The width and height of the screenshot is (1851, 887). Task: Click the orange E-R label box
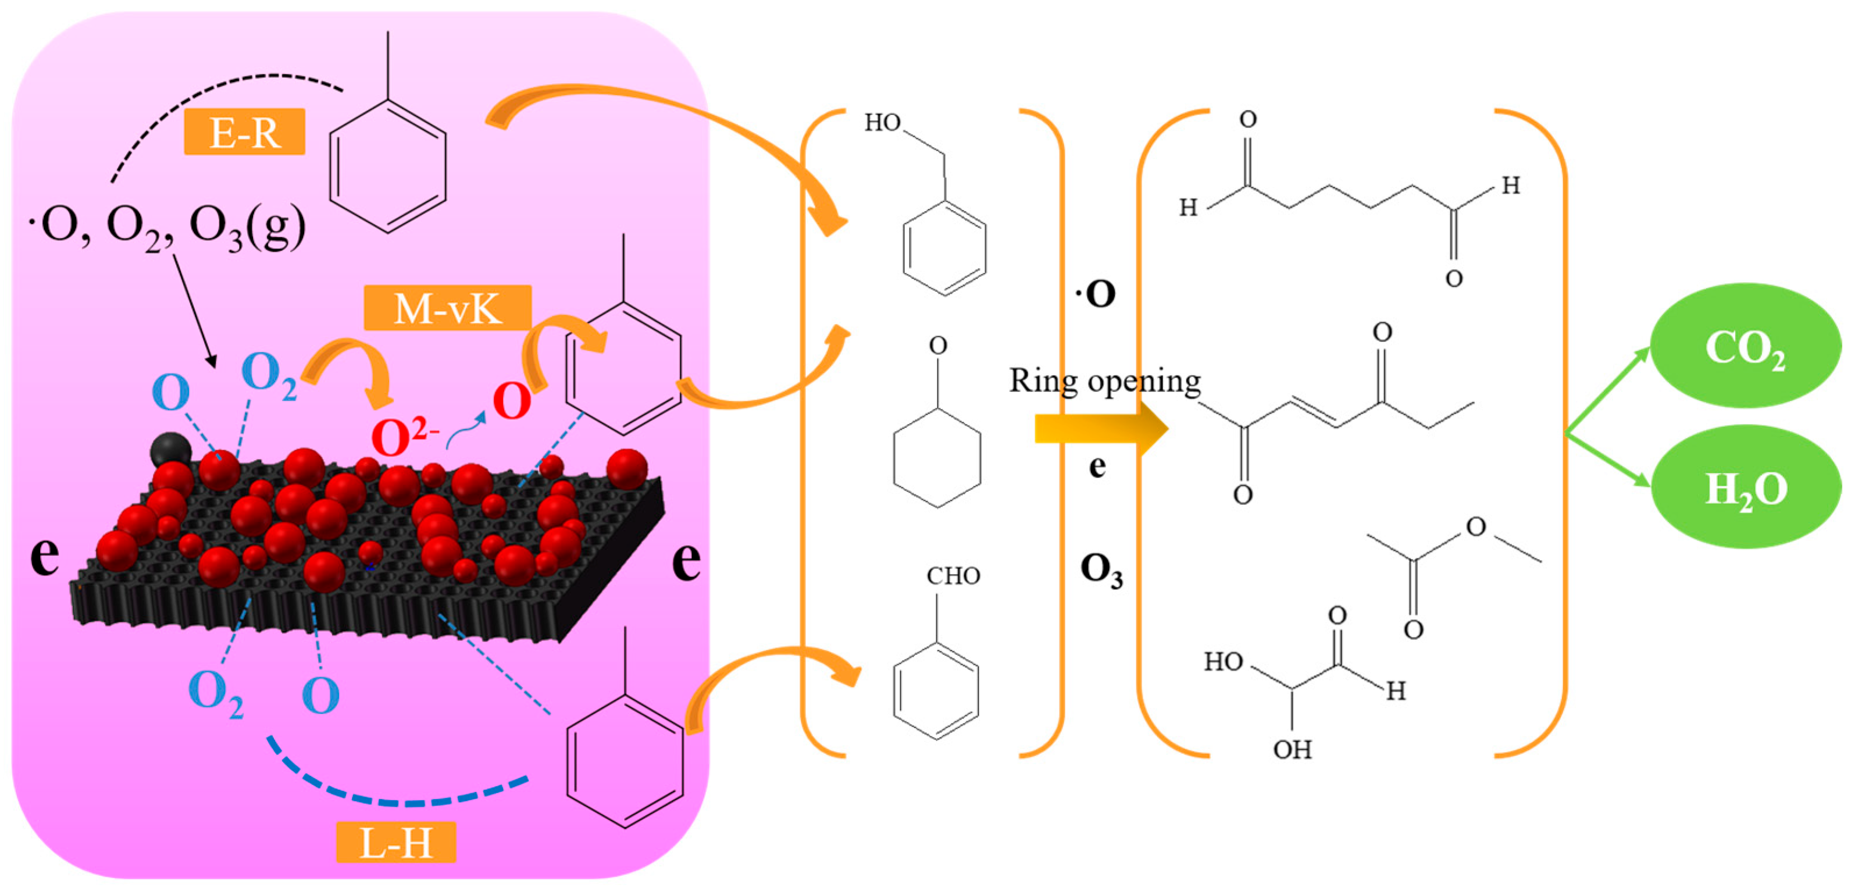point(244,132)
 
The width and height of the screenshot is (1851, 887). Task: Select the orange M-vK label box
point(447,308)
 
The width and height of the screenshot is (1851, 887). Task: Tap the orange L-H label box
point(396,842)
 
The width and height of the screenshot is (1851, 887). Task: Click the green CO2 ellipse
point(1745,347)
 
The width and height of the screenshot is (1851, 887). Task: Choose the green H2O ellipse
point(1745,488)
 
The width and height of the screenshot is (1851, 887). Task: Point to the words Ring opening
point(1104,380)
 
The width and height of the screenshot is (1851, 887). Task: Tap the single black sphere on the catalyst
point(170,450)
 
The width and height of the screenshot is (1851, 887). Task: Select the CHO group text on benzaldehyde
point(953,576)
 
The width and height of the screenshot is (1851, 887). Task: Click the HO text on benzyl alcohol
point(882,123)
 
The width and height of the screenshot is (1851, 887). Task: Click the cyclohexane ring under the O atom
point(937,458)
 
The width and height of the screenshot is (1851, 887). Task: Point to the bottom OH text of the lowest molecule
point(1292,750)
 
